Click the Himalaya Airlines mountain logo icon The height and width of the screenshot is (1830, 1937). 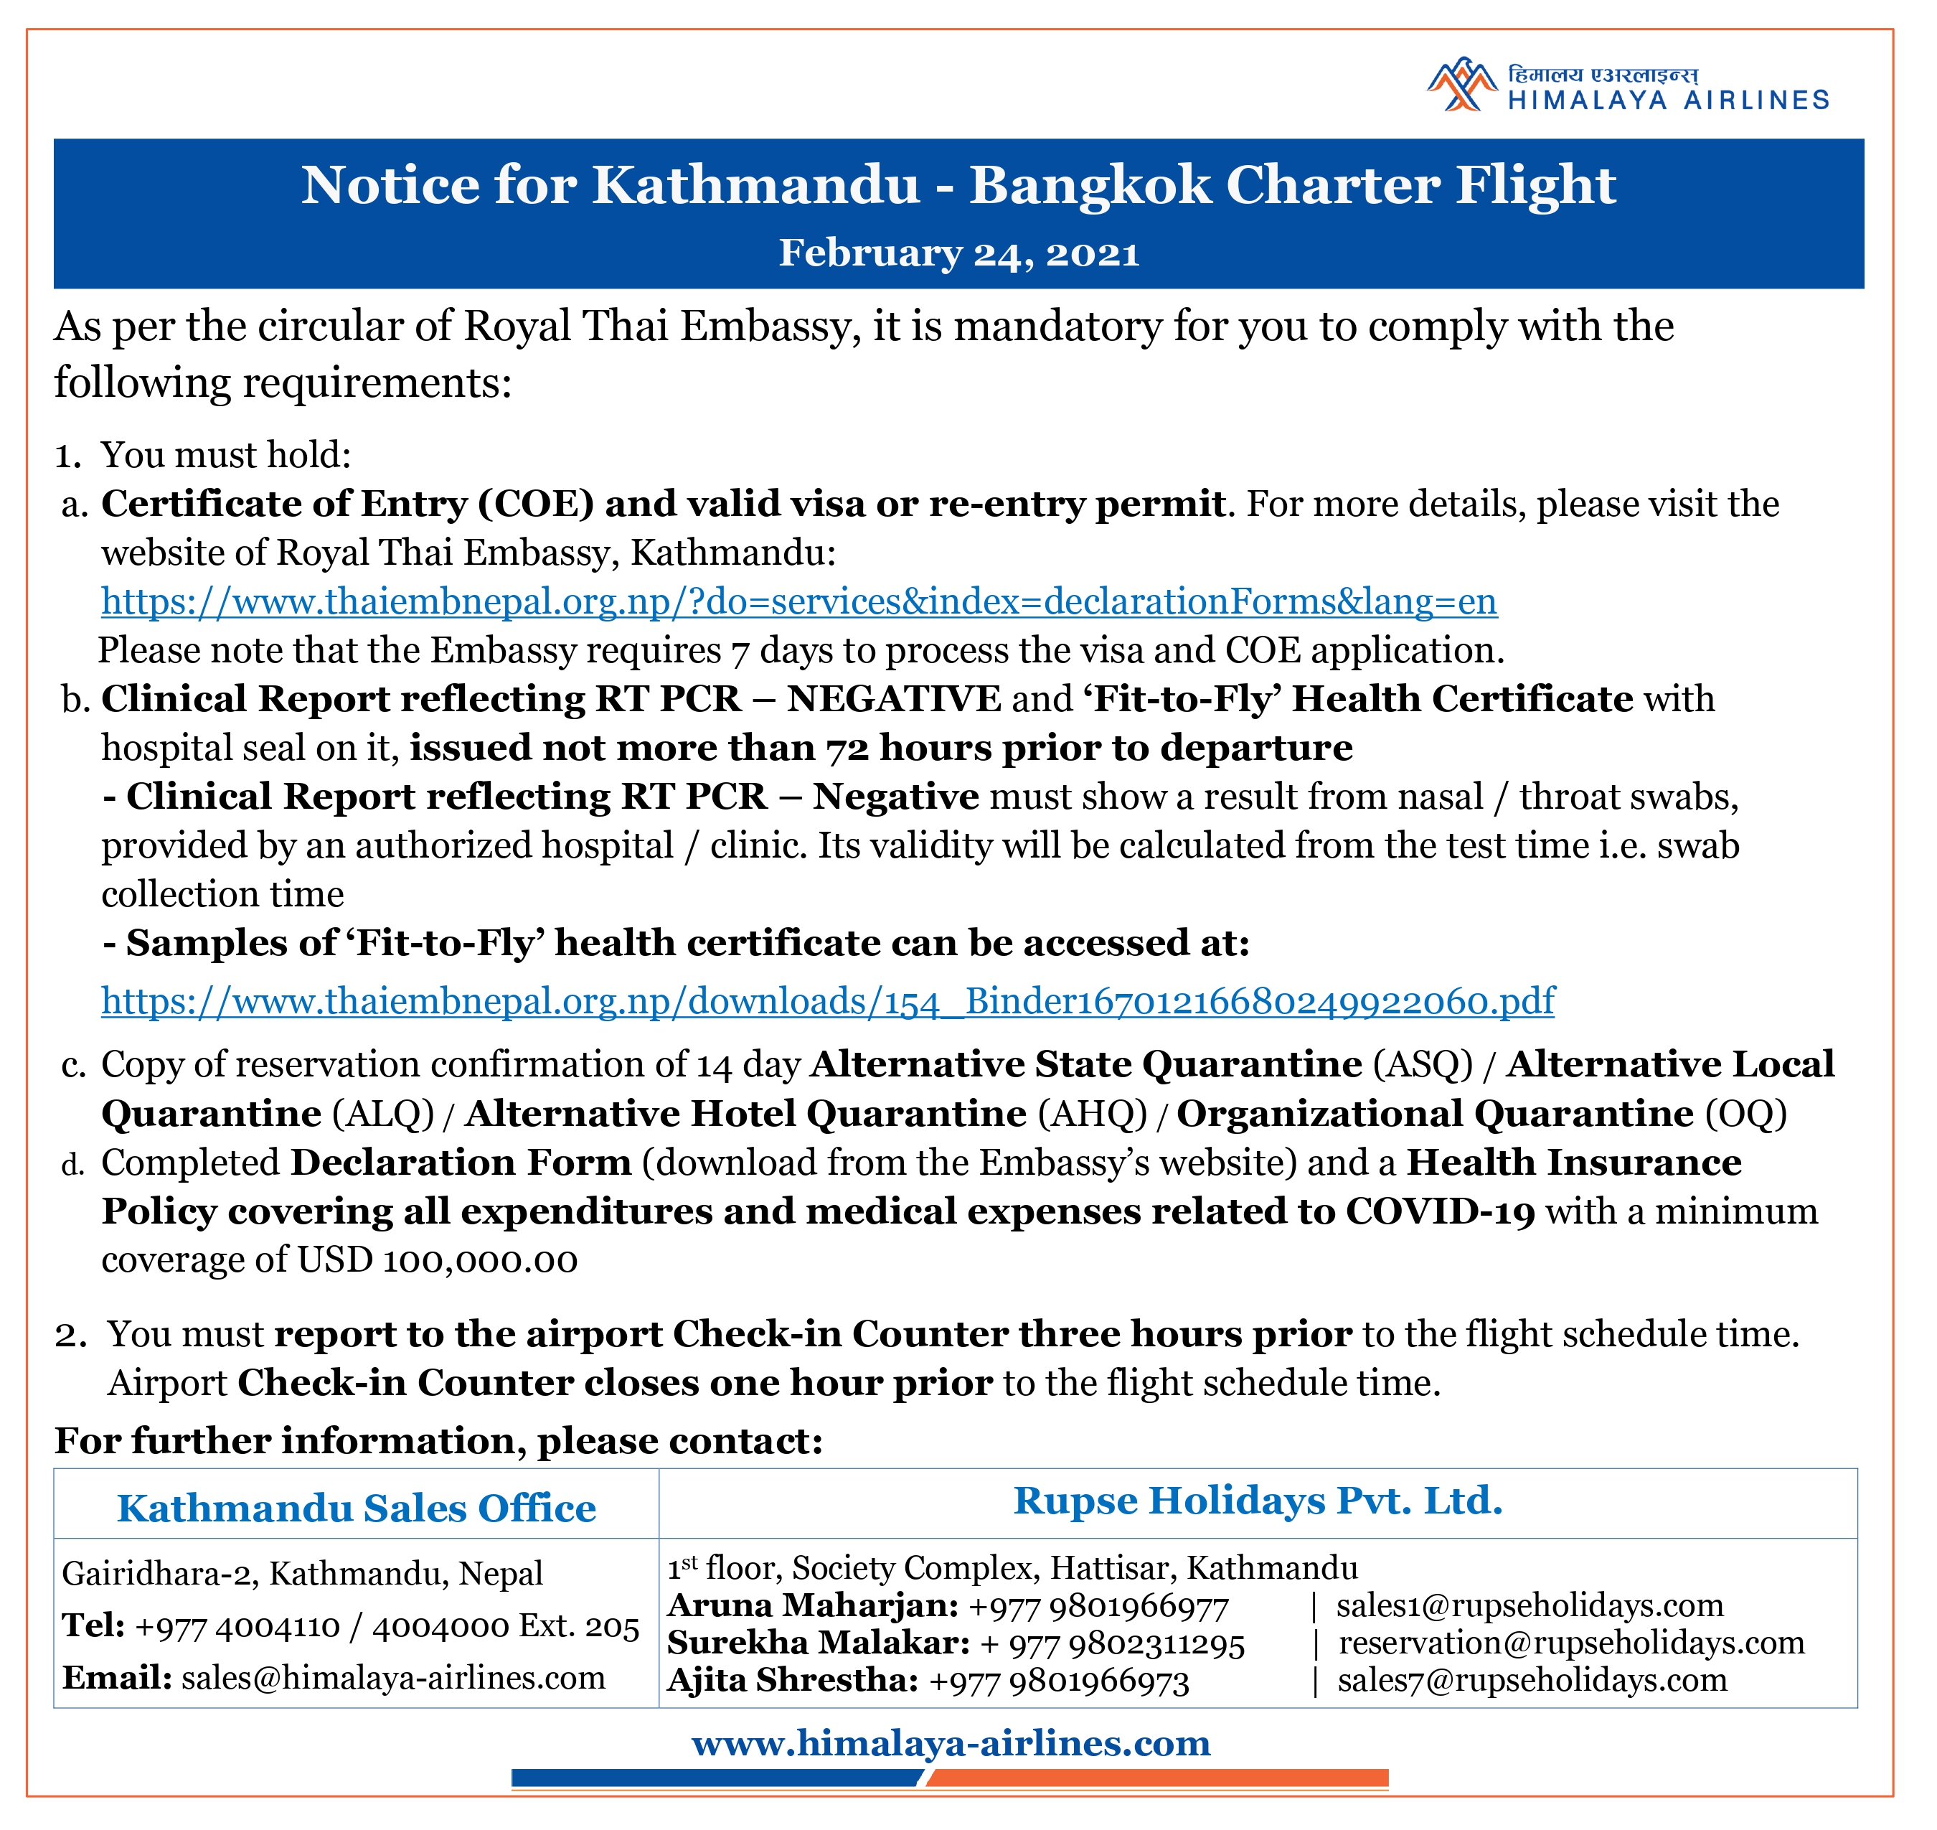coord(1460,87)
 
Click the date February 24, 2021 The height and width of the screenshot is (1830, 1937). coord(958,253)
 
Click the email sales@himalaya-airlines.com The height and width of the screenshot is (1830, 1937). coord(393,1677)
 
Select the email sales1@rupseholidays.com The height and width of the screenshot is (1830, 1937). coord(1530,1605)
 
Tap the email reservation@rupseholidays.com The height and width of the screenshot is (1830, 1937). coord(1571,1642)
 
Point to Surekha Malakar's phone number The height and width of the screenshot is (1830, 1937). coord(1113,1643)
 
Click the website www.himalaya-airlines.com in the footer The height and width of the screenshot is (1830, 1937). coord(951,1742)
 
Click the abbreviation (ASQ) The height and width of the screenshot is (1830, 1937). coord(1422,1064)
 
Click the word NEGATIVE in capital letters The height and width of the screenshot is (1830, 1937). coord(893,700)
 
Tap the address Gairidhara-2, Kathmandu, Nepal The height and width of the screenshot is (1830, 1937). coord(302,1572)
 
